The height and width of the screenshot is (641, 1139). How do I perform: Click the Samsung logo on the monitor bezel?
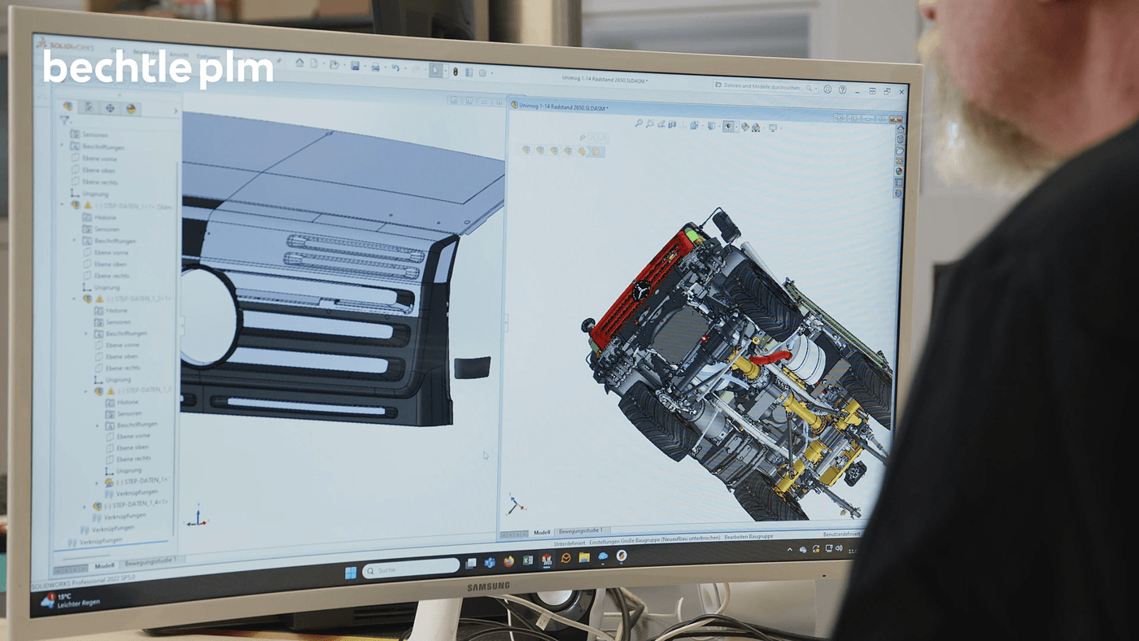click(488, 586)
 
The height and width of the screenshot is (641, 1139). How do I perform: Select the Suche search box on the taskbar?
click(411, 569)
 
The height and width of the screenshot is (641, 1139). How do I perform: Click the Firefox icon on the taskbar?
click(508, 562)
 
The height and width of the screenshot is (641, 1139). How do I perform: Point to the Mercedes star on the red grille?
click(643, 291)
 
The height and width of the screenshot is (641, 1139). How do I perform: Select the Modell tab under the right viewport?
click(542, 532)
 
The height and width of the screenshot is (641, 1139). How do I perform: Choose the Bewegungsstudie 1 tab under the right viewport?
click(580, 531)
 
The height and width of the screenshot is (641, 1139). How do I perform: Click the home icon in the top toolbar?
click(299, 63)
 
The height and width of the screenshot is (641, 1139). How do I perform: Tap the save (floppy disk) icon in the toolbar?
click(355, 66)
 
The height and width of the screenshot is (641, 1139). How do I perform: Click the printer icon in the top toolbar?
click(375, 67)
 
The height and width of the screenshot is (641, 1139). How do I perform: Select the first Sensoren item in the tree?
click(94, 135)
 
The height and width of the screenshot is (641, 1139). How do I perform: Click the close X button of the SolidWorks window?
click(902, 92)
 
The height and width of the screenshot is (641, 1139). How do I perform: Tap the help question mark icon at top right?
click(843, 89)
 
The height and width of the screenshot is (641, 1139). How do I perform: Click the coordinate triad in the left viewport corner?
click(198, 517)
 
